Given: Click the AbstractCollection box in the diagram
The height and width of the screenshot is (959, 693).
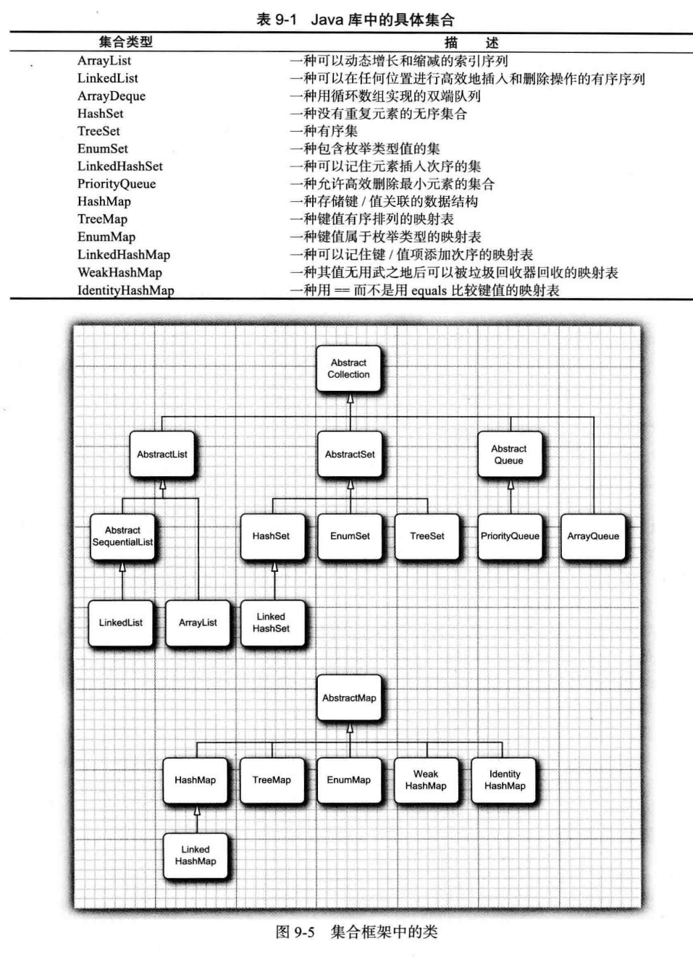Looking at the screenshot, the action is pyautogui.click(x=348, y=368).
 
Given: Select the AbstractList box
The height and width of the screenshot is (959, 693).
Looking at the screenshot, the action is pyautogui.click(x=161, y=455).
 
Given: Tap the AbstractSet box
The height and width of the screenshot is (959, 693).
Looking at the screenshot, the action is pyautogui.click(x=350, y=455).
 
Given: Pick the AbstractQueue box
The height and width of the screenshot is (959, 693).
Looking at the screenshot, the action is pyautogui.click(x=509, y=455).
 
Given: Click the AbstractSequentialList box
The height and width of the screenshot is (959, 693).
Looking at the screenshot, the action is pyautogui.click(x=122, y=536).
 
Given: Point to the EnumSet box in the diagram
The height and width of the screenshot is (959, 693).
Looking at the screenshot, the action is pyautogui.click(x=350, y=536).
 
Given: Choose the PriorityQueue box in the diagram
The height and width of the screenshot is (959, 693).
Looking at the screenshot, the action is pyautogui.click(x=510, y=536).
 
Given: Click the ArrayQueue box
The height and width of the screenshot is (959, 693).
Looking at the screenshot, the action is pyautogui.click(x=593, y=536).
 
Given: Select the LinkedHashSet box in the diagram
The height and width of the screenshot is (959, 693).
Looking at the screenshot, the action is pyautogui.click(x=271, y=622).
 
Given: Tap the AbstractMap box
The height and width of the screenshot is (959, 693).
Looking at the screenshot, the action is pyautogui.click(x=349, y=698).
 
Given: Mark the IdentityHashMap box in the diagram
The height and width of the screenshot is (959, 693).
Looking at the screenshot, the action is pyautogui.click(x=505, y=780).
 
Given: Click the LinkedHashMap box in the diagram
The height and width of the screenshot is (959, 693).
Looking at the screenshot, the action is pyautogui.click(x=196, y=856).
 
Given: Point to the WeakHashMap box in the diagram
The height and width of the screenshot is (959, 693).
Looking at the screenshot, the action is pyautogui.click(x=426, y=780).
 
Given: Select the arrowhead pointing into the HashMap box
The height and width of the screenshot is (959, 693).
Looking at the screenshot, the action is pyautogui.click(x=196, y=811).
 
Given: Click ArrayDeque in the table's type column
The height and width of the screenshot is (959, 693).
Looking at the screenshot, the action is pyautogui.click(x=112, y=96).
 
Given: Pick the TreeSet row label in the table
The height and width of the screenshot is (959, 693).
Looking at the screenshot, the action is pyautogui.click(x=99, y=131).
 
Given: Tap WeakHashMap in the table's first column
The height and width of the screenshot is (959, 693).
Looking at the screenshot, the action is pyautogui.click(x=120, y=272).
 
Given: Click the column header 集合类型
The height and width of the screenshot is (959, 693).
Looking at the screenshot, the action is pyautogui.click(x=125, y=42).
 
